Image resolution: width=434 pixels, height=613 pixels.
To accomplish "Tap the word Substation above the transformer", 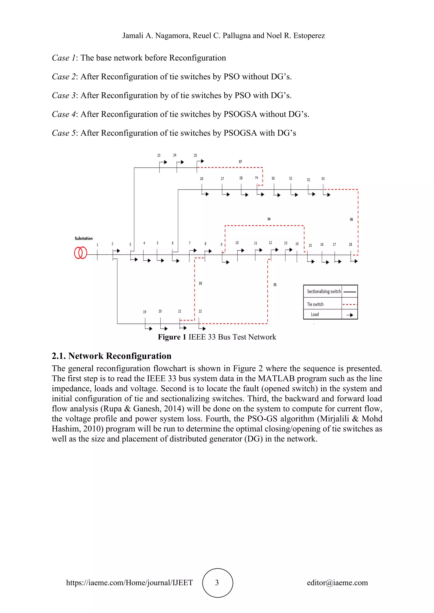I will (84, 238).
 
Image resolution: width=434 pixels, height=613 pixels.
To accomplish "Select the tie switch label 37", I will (240, 162).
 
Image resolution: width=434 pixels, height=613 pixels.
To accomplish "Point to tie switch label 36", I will (351, 219).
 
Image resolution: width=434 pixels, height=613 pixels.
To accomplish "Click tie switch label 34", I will (269, 219).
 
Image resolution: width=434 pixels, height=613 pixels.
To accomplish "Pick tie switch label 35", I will (275, 285).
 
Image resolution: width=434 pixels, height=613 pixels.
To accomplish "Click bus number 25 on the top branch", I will (195, 155).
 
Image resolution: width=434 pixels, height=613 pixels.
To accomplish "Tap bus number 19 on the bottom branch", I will (145, 312).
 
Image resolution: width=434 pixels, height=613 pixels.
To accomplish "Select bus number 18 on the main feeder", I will (350, 244).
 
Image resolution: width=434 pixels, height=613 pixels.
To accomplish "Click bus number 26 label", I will (202, 179).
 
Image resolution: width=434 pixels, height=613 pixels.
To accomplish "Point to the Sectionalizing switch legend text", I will (324, 291).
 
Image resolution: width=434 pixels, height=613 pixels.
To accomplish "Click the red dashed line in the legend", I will (349, 304).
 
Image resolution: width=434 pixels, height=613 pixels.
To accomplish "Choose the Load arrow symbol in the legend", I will (349, 315).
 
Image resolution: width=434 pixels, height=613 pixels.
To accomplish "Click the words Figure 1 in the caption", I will (172, 337).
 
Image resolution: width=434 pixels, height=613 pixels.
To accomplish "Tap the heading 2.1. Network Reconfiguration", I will (111, 356).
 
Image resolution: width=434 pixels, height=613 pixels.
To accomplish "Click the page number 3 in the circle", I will (217, 583).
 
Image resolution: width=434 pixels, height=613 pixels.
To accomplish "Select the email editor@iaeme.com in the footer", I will (337, 583).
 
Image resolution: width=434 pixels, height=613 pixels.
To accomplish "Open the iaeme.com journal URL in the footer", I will (129, 583).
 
